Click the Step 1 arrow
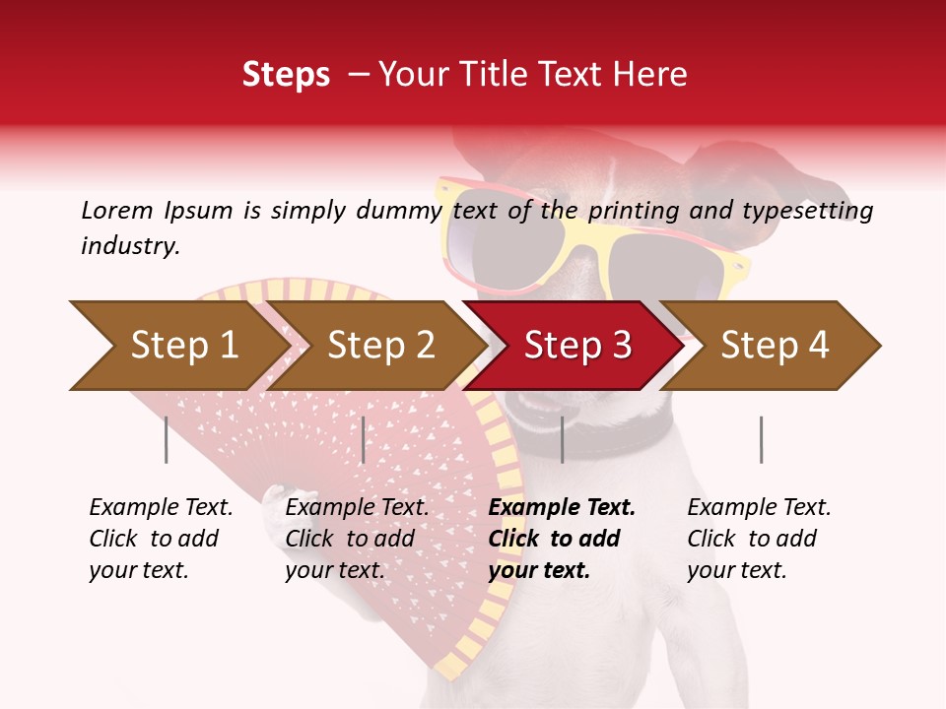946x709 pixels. tap(177, 346)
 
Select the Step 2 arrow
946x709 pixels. tap(379, 346)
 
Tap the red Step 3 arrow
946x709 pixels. tap(576, 346)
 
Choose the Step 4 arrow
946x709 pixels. tap(775, 346)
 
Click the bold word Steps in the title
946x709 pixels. tap(286, 75)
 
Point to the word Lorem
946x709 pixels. tap(117, 211)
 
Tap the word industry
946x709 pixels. tap(130, 246)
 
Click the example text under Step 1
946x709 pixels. tap(161, 539)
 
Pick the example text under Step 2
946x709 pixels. tap(357, 539)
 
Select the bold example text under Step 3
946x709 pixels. tap(561, 539)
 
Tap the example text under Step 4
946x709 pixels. tap(759, 539)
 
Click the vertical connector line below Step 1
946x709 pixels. tap(166, 439)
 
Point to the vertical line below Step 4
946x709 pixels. tap(761, 439)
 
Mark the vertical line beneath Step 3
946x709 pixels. tap(562, 439)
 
